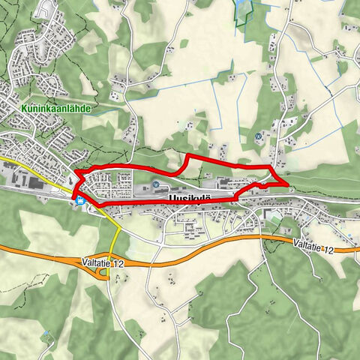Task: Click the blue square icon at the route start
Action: (79, 199)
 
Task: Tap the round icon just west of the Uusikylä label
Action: (156, 185)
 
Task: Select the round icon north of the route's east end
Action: (259, 136)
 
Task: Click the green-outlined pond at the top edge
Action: (242, 7)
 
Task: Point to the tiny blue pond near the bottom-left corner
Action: (46, 332)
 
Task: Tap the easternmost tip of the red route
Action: (287, 181)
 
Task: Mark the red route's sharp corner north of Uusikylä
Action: (187, 155)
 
